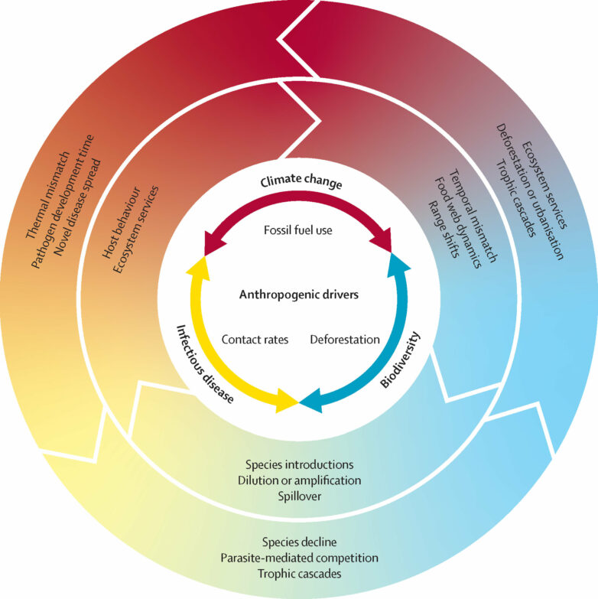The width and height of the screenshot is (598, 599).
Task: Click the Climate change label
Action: tap(300, 184)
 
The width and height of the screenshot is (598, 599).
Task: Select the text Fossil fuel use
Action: tap(299, 228)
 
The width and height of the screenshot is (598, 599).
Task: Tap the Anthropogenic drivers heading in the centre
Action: tap(299, 294)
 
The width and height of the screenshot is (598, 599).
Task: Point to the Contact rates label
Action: tap(255, 339)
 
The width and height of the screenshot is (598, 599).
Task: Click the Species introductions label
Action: tap(299, 464)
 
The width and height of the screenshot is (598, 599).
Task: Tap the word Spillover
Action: tap(299, 496)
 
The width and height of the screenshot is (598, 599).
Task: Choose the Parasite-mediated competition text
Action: tap(299, 557)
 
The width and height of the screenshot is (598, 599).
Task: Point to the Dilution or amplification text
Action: tap(299, 480)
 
